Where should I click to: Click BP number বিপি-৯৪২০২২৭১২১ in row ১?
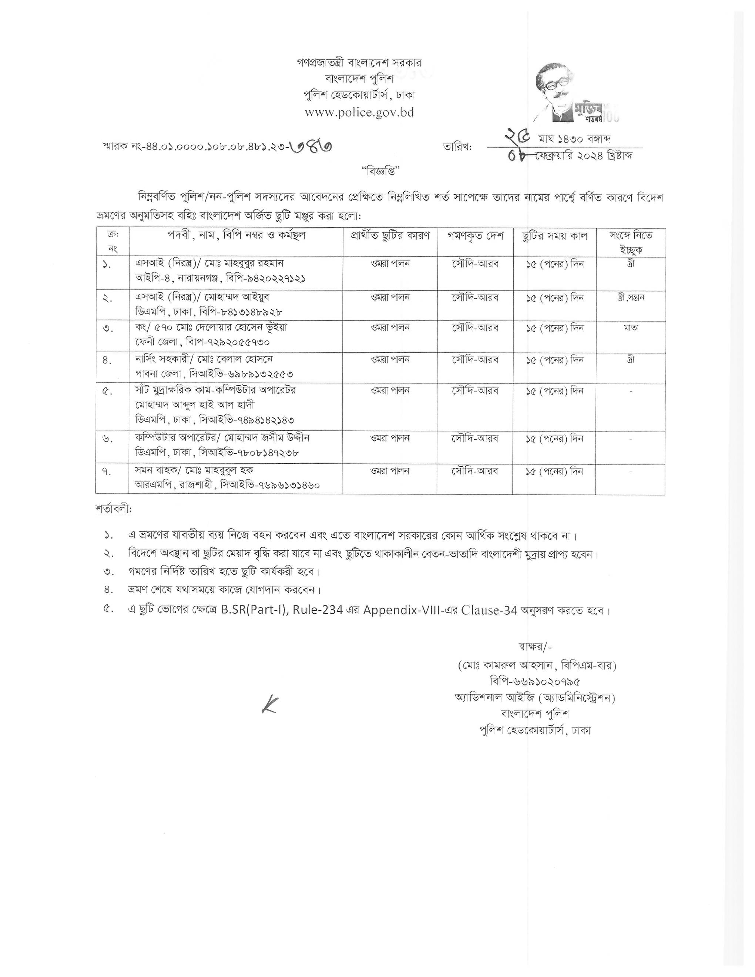pos(266,279)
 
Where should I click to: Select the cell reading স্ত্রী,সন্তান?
pos(630,298)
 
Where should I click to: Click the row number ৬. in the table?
pos(107,439)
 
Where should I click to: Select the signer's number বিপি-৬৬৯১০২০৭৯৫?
pos(535,682)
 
